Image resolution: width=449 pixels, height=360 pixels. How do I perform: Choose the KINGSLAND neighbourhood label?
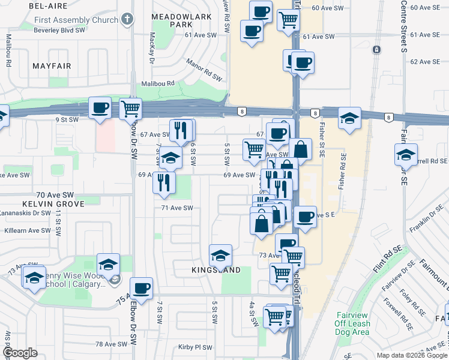point(217,270)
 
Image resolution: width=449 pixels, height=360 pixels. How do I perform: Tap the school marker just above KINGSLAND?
point(220,256)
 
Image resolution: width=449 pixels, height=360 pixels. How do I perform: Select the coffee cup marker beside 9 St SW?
point(100,109)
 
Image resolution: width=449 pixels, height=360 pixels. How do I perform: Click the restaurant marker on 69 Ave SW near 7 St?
point(164,182)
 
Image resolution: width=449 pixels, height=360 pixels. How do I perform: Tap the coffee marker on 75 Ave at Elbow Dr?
point(142,288)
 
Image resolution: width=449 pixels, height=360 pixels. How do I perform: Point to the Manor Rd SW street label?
point(204,70)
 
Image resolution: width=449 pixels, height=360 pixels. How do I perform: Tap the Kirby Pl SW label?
point(196,347)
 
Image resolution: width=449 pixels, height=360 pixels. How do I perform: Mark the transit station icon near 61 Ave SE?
point(376,49)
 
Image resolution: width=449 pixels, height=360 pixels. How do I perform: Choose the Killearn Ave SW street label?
point(28,230)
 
